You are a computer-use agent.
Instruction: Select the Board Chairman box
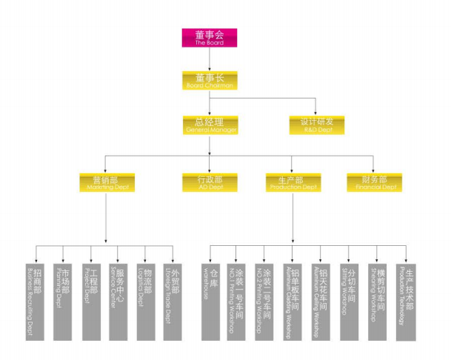[x=210, y=81]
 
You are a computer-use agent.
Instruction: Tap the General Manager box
[x=210, y=125]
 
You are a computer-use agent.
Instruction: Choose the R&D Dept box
[x=316, y=125]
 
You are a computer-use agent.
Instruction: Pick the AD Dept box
[x=210, y=182]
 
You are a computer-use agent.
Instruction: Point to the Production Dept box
[x=293, y=182]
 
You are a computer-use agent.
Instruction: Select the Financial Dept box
[x=374, y=182]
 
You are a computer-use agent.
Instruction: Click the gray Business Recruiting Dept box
[x=35, y=300]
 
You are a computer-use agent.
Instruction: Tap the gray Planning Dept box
[x=62, y=300]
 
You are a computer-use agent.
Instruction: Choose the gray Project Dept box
[x=90, y=300]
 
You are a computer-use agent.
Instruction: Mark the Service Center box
[x=118, y=300]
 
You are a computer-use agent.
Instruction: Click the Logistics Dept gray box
[x=145, y=300]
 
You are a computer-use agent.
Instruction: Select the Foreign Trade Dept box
[x=173, y=300]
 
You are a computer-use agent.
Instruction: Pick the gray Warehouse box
[x=211, y=300]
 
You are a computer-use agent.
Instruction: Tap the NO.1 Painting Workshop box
[x=238, y=300]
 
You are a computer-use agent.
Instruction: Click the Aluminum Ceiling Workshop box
[x=321, y=300]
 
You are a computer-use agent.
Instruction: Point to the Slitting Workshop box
[x=350, y=300]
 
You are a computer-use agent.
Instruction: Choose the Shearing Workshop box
[x=378, y=300]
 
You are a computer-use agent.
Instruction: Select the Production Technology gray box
[x=406, y=300]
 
